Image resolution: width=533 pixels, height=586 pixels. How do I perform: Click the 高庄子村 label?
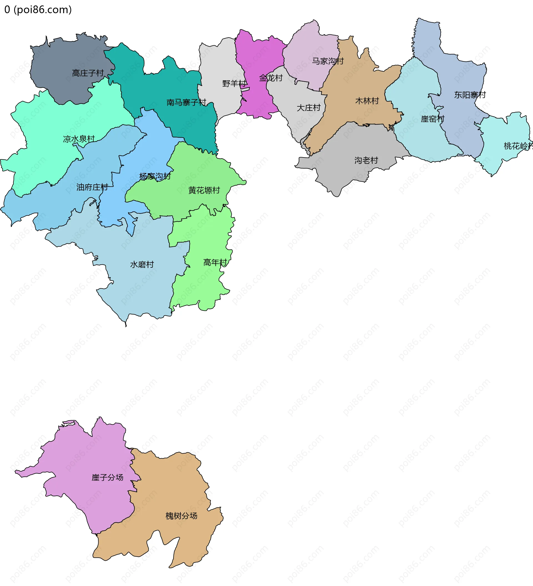[x=88, y=73]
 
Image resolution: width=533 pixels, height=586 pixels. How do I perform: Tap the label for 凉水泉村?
[x=79, y=139]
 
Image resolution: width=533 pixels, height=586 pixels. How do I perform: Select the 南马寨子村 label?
[x=186, y=102]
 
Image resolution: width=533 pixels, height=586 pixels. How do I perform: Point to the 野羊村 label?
[x=234, y=84]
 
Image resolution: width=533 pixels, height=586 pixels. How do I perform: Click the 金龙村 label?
[x=271, y=78]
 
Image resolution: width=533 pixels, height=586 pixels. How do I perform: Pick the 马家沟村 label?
[x=328, y=61]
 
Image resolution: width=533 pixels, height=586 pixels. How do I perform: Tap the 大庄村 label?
[x=308, y=108]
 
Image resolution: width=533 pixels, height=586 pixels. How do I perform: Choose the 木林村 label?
[x=367, y=101]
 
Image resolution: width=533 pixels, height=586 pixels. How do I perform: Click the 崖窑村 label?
[x=433, y=119]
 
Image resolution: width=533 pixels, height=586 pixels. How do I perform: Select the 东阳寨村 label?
[x=470, y=95]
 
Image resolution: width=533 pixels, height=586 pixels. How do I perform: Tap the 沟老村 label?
[x=366, y=160]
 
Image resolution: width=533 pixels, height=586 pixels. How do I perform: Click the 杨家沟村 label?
[x=155, y=176]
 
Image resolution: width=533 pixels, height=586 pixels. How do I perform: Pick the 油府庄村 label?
[x=92, y=187]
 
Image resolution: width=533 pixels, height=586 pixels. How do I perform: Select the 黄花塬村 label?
[x=204, y=191]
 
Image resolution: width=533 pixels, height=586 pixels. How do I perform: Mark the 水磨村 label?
[x=142, y=264]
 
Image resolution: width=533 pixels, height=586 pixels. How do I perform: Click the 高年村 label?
[x=215, y=262]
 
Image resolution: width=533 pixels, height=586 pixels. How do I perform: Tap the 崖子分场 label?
[x=107, y=477]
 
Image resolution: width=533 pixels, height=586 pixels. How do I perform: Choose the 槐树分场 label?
[x=181, y=516]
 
